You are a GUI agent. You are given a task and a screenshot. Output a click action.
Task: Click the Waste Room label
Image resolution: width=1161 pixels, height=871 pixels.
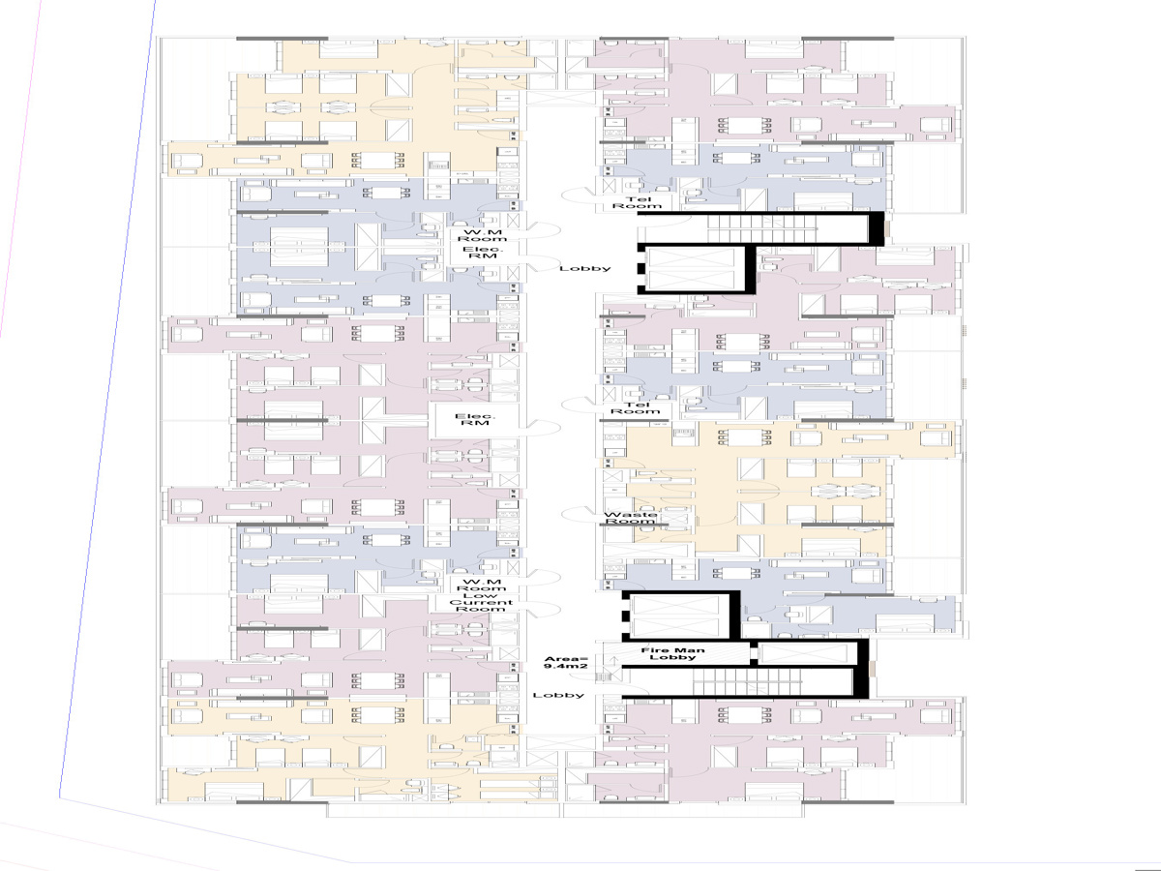[629, 519]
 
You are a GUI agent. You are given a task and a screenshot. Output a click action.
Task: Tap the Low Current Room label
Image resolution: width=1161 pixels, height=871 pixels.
[481, 602]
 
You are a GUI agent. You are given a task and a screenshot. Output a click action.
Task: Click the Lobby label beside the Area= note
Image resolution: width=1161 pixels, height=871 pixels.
[559, 695]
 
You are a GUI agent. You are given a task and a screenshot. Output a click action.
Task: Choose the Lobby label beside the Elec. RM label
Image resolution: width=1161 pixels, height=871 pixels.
[585, 268]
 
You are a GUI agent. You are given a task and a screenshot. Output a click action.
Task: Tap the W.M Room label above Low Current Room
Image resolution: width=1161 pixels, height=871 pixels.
[481, 586]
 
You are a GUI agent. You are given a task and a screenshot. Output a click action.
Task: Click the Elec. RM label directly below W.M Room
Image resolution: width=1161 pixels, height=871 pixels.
[481, 255]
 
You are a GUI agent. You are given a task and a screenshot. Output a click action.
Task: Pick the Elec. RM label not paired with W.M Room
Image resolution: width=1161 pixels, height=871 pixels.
[474, 419]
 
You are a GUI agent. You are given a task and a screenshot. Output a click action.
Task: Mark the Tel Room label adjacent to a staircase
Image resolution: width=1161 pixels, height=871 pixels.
[636, 200]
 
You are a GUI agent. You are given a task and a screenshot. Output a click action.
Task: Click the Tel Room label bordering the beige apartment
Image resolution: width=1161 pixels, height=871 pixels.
[636, 408]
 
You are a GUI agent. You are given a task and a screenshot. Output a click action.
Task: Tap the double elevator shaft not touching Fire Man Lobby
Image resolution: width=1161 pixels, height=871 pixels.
[698, 269]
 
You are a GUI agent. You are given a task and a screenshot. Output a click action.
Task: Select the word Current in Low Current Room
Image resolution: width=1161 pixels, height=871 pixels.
[481, 602]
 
